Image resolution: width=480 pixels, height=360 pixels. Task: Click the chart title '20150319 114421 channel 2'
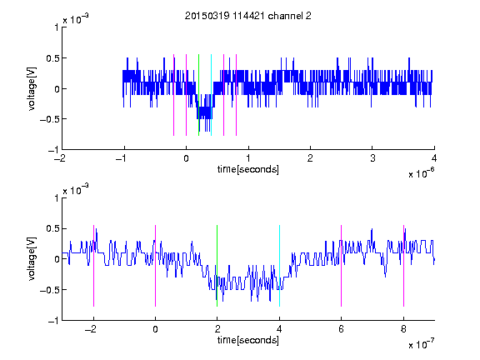click(x=248, y=16)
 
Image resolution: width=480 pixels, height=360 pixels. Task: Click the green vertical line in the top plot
click(x=198, y=95)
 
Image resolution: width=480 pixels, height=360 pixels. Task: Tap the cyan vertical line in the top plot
click(x=211, y=95)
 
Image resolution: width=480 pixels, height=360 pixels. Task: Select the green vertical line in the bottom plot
click(x=217, y=266)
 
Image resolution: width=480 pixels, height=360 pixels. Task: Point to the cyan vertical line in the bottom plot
click(x=279, y=266)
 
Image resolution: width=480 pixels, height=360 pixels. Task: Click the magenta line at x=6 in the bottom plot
click(x=342, y=266)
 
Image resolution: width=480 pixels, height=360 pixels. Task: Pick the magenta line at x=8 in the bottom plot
click(x=404, y=266)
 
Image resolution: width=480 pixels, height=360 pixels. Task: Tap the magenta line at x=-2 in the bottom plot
click(x=93, y=266)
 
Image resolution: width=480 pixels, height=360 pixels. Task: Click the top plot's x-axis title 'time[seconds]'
click(x=248, y=169)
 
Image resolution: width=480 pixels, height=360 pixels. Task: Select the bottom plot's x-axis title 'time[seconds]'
click(x=248, y=340)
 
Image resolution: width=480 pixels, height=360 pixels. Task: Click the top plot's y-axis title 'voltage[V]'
click(x=32, y=89)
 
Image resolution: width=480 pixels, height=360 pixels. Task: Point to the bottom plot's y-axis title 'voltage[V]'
click(x=32, y=259)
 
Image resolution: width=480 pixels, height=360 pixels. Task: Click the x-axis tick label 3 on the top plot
click(x=372, y=158)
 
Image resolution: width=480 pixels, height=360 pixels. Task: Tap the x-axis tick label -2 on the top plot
click(x=60, y=158)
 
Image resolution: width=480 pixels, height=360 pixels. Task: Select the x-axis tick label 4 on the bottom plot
click(x=279, y=329)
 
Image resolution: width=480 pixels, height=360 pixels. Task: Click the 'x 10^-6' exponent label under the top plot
click(x=421, y=173)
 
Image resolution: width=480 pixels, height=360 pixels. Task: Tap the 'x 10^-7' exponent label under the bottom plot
click(x=421, y=344)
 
